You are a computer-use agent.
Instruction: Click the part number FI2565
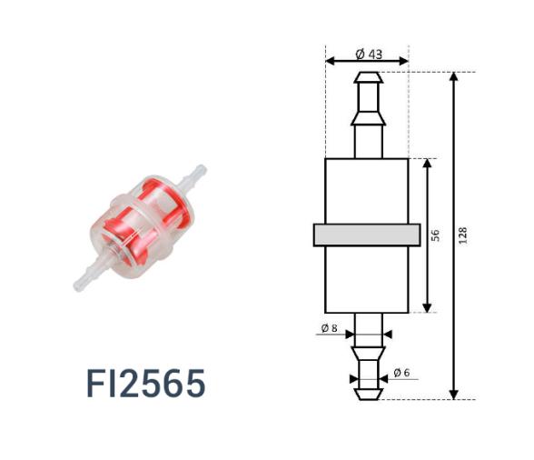(x=146, y=384)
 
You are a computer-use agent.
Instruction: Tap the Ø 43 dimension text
(x=369, y=54)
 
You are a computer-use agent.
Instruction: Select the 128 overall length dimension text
(x=464, y=235)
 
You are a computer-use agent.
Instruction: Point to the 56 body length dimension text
(x=436, y=235)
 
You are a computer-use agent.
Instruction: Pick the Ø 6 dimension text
(x=403, y=373)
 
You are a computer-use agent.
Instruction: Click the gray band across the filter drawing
(x=367, y=235)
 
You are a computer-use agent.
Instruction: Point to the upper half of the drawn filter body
(x=367, y=191)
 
